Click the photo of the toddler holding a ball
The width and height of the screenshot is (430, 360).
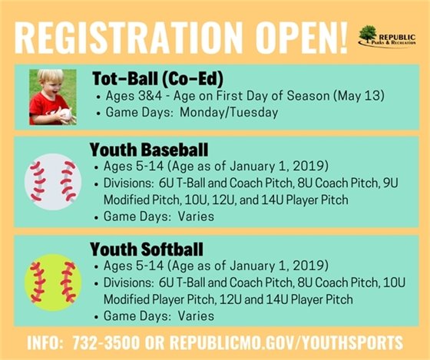point(52,97)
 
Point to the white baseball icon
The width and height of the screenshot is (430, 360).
point(52,182)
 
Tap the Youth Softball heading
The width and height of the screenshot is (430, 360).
point(146,250)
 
